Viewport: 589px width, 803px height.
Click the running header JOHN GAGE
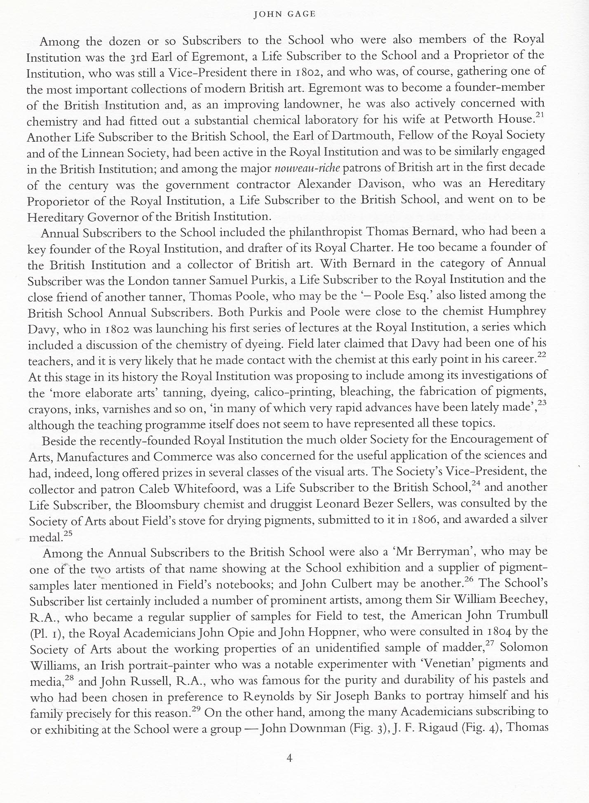click(x=284, y=14)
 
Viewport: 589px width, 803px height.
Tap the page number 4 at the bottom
click(x=289, y=758)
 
